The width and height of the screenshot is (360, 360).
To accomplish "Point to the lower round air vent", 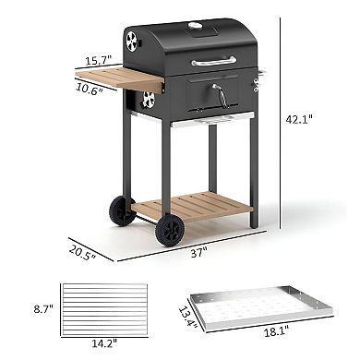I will coord(148,101).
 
